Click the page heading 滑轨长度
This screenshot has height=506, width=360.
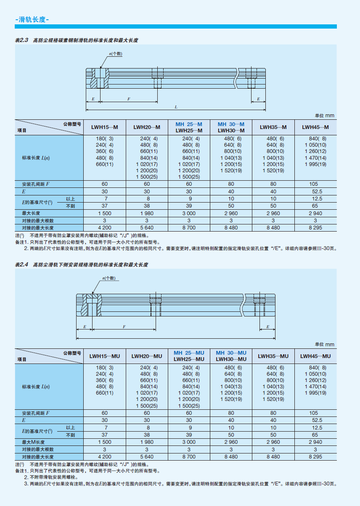[32, 19]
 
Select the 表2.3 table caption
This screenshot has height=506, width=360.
[77, 40]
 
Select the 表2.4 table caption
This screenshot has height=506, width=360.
[81, 265]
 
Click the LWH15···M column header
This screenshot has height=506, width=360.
[105, 127]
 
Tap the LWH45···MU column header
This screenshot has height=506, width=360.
[315, 356]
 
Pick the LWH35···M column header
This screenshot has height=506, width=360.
[273, 127]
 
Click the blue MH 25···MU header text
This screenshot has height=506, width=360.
[189, 353]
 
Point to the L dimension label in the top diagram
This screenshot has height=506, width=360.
[176, 107]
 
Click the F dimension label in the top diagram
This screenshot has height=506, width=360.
[128, 99]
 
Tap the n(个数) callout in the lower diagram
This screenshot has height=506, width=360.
[109, 278]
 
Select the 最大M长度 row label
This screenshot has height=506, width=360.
[34, 442]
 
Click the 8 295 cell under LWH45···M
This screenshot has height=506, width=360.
[315, 227]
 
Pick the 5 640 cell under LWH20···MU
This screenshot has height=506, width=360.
[147, 456]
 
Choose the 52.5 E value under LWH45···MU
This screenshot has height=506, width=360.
[315, 420]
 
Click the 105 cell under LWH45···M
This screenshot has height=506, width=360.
[315, 184]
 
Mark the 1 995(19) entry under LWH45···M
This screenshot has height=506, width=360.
[315, 164]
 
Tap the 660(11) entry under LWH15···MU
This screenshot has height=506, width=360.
[105, 393]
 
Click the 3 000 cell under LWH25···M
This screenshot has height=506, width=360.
[189, 213]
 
